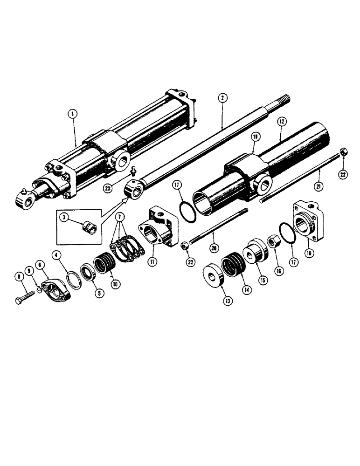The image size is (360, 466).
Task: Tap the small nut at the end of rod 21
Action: point(341,152)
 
